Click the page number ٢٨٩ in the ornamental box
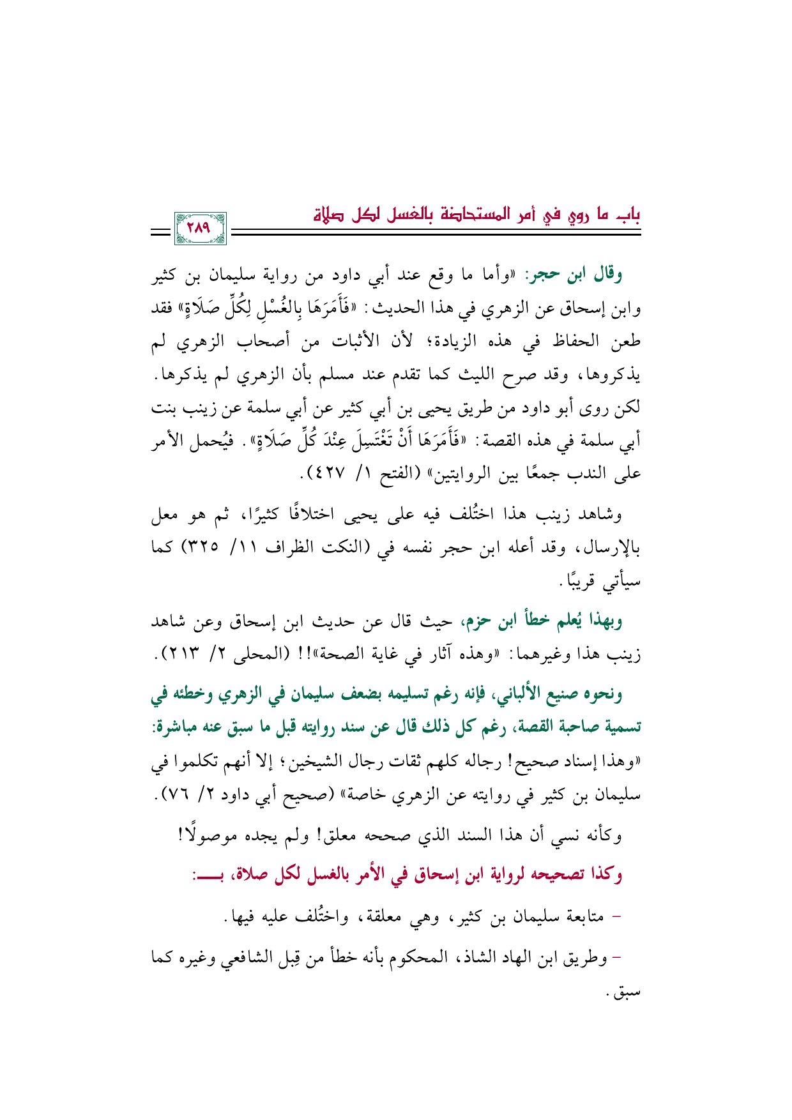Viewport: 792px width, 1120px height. (x=200, y=228)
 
